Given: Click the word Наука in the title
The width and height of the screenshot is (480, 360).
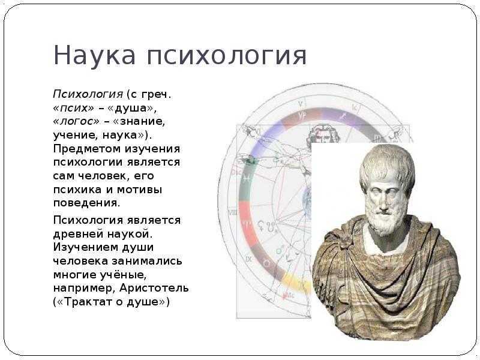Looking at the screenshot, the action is click(x=94, y=55).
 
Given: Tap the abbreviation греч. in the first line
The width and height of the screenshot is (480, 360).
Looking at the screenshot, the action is click(x=156, y=95).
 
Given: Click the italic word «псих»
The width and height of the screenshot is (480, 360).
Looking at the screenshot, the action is click(x=74, y=108).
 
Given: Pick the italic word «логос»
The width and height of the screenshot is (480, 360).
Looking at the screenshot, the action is click(x=76, y=122).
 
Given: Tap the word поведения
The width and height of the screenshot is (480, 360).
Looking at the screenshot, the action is click(x=86, y=203).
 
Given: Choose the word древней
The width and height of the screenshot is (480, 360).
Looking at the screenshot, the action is click(x=78, y=234).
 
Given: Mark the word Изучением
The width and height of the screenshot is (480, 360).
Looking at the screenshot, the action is click(x=85, y=247).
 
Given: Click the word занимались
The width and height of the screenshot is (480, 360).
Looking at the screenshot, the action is click(x=146, y=261).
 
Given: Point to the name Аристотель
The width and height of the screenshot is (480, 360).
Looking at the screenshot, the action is click(x=154, y=289).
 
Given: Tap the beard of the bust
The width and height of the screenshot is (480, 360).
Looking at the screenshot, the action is click(x=385, y=222).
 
